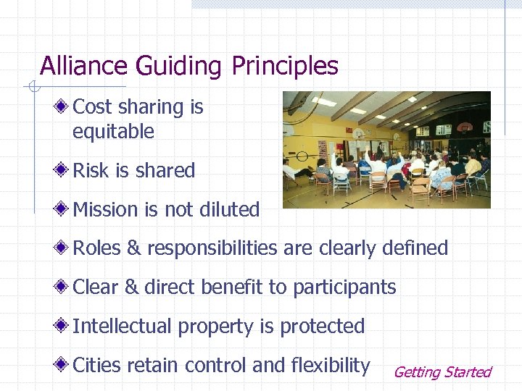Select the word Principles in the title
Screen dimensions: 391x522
click(x=285, y=67)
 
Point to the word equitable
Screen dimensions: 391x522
click(x=113, y=132)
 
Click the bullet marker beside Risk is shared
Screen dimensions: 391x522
click(x=64, y=171)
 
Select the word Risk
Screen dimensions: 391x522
click(x=91, y=171)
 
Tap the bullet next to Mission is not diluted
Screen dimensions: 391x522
click(x=64, y=210)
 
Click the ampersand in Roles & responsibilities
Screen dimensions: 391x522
click(x=133, y=248)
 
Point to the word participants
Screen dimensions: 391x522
click(x=344, y=287)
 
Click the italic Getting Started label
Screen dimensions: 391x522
click(x=442, y=372)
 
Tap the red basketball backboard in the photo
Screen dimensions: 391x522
click(x=464, y=129)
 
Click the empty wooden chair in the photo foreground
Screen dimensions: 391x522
click(x=419, y=190)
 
